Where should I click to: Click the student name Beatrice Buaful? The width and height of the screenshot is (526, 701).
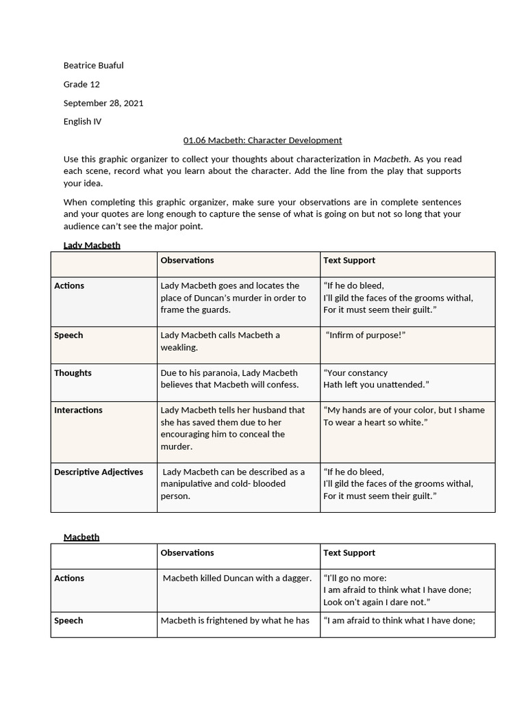(x=93, y=66)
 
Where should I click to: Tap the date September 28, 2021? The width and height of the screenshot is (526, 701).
(x=103, y=103)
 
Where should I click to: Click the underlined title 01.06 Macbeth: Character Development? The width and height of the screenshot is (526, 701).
(x=262, y=140)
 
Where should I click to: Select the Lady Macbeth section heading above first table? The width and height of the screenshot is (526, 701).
(x=92, y=245)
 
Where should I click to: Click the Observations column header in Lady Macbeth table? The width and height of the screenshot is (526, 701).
(x=187, y=260)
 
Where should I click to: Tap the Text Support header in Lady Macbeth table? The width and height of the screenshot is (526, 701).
(x=349, y=260)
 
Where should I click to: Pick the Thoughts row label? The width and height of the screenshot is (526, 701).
(x=73, y=373)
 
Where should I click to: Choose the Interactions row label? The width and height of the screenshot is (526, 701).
(x=78, y=410)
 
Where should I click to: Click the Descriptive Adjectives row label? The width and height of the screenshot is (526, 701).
(x=99, y=472)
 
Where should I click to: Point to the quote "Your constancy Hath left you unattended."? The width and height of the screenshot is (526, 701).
(x=376, y=379)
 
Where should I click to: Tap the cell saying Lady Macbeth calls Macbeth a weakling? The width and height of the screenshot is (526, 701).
(x=220, y=341)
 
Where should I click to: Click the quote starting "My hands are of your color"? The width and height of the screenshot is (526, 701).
(x=403, y=416)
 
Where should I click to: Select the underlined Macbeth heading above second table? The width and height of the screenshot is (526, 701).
(x=82, y=537)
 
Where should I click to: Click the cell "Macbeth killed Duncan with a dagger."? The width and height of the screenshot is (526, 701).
(x=237, y=578)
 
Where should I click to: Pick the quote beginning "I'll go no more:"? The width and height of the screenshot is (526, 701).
(x=397, y=590)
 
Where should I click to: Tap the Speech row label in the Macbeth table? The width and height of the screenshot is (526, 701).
(x=68, y=621)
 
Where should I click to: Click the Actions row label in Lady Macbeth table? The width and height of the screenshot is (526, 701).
(x=69, y=285)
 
